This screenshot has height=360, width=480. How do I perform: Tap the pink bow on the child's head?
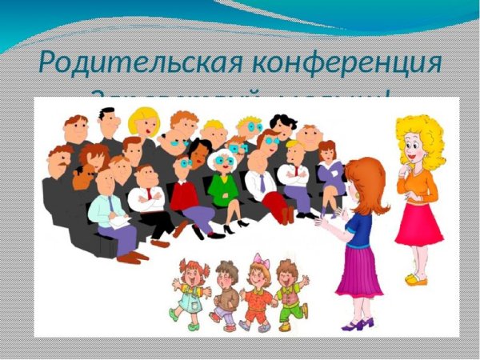tap(258, 260)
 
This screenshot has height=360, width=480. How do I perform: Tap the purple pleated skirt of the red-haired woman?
tap(359, 273)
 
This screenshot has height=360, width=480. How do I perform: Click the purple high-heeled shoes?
tap(357, 324)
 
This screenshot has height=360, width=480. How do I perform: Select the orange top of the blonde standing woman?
tap(418, 185)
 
